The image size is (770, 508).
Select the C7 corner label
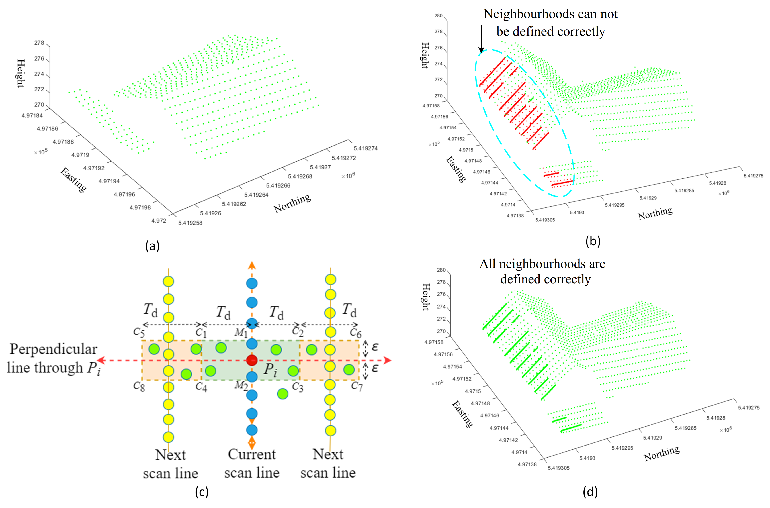pyautogui.click(x=357, y=386)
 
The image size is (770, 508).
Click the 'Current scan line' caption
pyautogui.click(x=252, y=463)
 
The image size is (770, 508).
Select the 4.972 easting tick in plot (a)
pyautogui.click(x=159, y=221)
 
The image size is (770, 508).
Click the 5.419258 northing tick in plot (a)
pyautogui.click(x=190, y=223)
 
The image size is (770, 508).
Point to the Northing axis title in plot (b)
pyautogui.click(x=655, y=213)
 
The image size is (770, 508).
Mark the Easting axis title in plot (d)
pyautogui.click(x=462, y=414)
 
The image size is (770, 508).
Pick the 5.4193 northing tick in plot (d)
pyautogui.click(x=587, y=458)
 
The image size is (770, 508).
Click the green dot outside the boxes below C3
pyautogui.click(x=283, y=394)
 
